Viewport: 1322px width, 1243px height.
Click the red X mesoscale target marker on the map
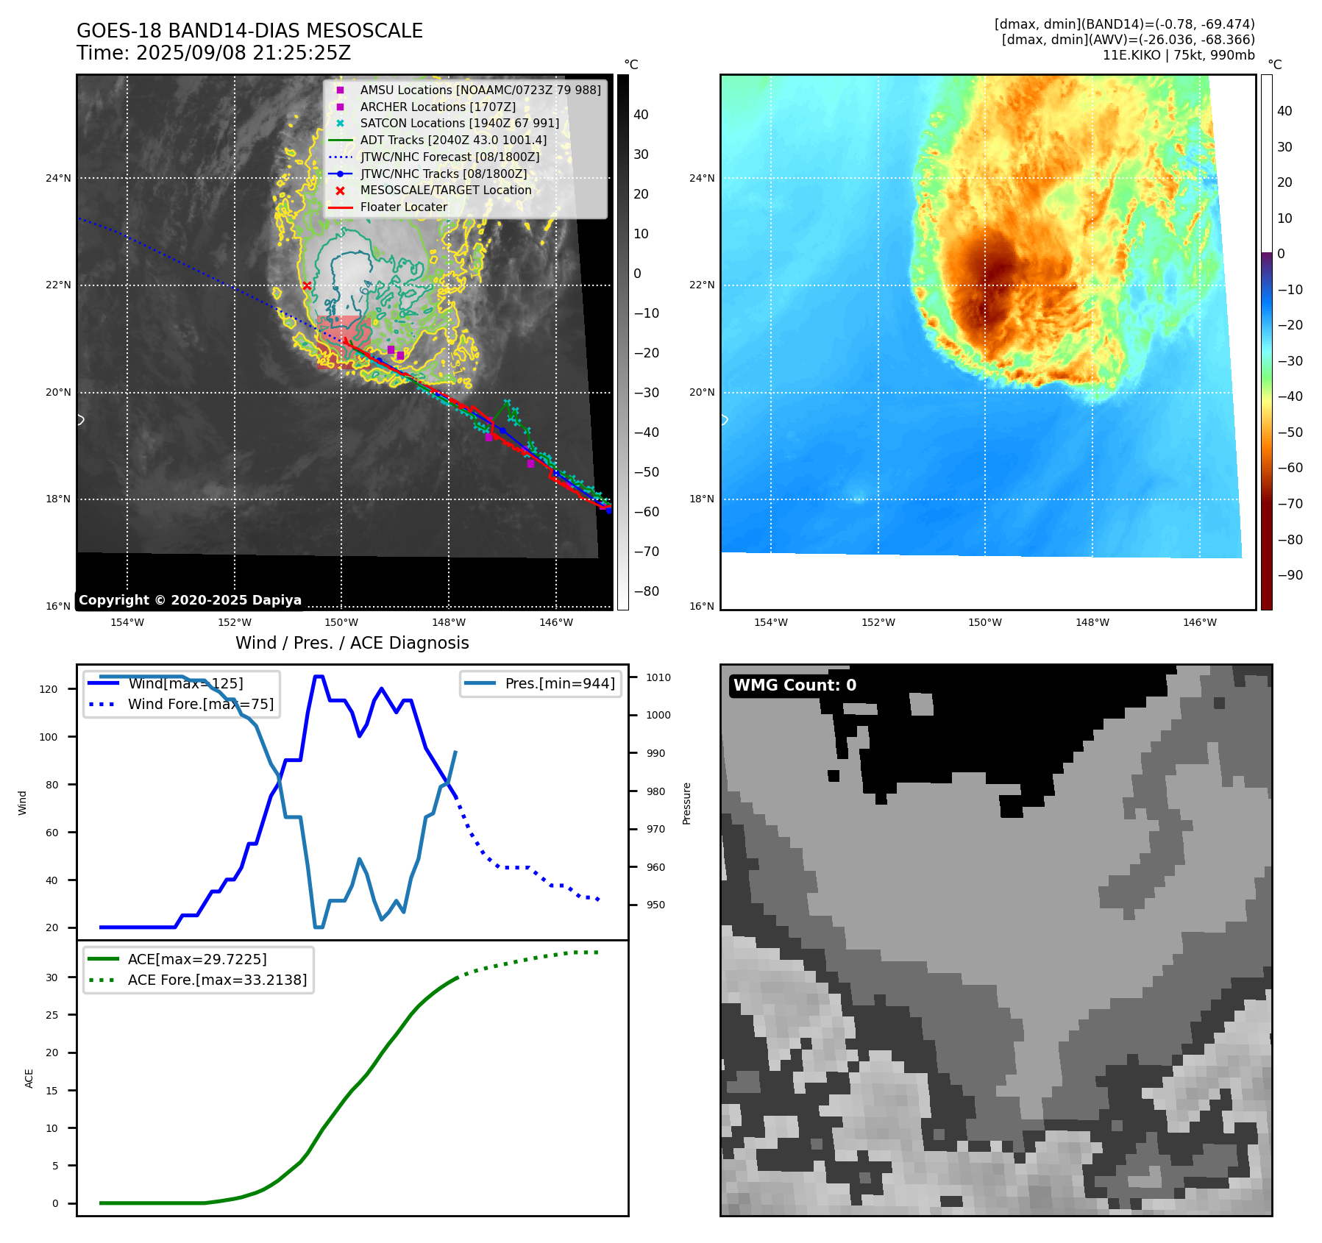(x=307, y=286)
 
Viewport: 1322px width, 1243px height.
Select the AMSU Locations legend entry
(x=480, y=90)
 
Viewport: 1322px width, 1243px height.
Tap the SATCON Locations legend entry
(x=459, y=124)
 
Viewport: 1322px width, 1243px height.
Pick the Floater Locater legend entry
(x=403, y=207)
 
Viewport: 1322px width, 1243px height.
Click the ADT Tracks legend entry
(x=453, y=140)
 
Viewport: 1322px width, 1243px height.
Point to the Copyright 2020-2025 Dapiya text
(x=190, y=600)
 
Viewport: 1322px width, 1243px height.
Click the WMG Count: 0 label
(x=795, y=685)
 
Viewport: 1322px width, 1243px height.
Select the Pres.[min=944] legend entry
(x=559, y=683)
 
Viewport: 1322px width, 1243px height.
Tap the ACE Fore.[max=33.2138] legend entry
(x=217, y=980)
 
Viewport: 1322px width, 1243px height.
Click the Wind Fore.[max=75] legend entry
(x=200, y=704)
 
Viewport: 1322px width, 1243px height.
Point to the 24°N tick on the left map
(x=59, y=178)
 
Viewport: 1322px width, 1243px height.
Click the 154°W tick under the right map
(x=770, y=622)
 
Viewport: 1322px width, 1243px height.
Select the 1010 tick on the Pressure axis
(x=658, y=677)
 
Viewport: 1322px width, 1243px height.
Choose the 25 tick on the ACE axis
(x=51, y=1015)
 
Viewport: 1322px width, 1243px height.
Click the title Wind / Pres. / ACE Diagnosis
(x=352, y=643)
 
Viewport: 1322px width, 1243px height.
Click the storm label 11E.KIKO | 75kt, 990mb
(x=1179, y=55)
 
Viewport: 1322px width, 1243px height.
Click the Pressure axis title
(x=686, y=803)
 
